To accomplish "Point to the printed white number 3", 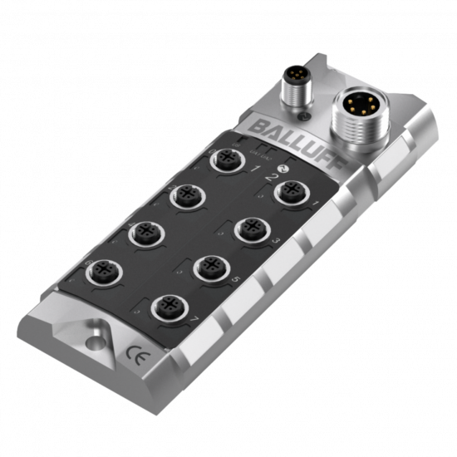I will pyautogui.click(x=278, y=238).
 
